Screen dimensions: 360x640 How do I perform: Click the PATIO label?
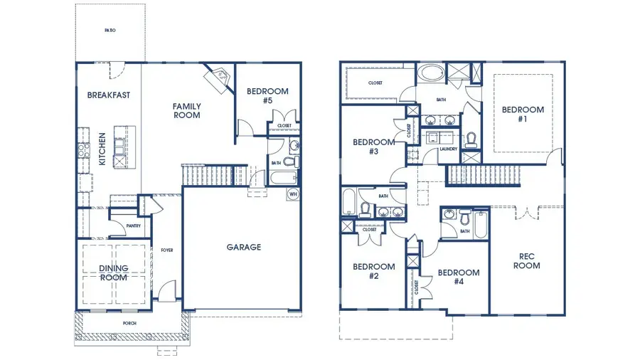(x=110, y=31)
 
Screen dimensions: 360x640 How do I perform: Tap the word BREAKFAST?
(x=108, y=95)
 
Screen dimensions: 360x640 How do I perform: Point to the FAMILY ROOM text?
(x=186, y=110)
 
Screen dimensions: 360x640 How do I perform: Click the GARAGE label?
(x=244, y=248)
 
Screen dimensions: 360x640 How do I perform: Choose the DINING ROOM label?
(x=114, y=272)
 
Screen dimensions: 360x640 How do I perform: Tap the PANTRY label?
(x=133, y=226)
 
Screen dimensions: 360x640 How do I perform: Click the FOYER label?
(x=167, y=250)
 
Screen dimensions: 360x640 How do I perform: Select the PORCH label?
(x=129, y=324)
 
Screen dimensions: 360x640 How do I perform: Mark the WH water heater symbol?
(x=292, y=194)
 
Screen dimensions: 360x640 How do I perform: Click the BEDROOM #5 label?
(x=267, y=96)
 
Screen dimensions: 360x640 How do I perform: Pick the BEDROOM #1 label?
(x=523, y=114)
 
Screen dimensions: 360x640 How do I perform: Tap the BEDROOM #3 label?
(x=373, y=147)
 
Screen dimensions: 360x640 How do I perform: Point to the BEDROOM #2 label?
(x=373, y=271)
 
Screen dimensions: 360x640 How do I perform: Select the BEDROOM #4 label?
(x=458, y=277)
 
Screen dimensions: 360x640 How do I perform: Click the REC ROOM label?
(x=527, y=261)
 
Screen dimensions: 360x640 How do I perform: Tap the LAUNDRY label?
(x=448, y=149)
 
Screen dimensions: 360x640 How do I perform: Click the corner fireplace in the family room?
(x=219, y=76)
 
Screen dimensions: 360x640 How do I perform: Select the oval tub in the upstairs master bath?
(x=429, y=73)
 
